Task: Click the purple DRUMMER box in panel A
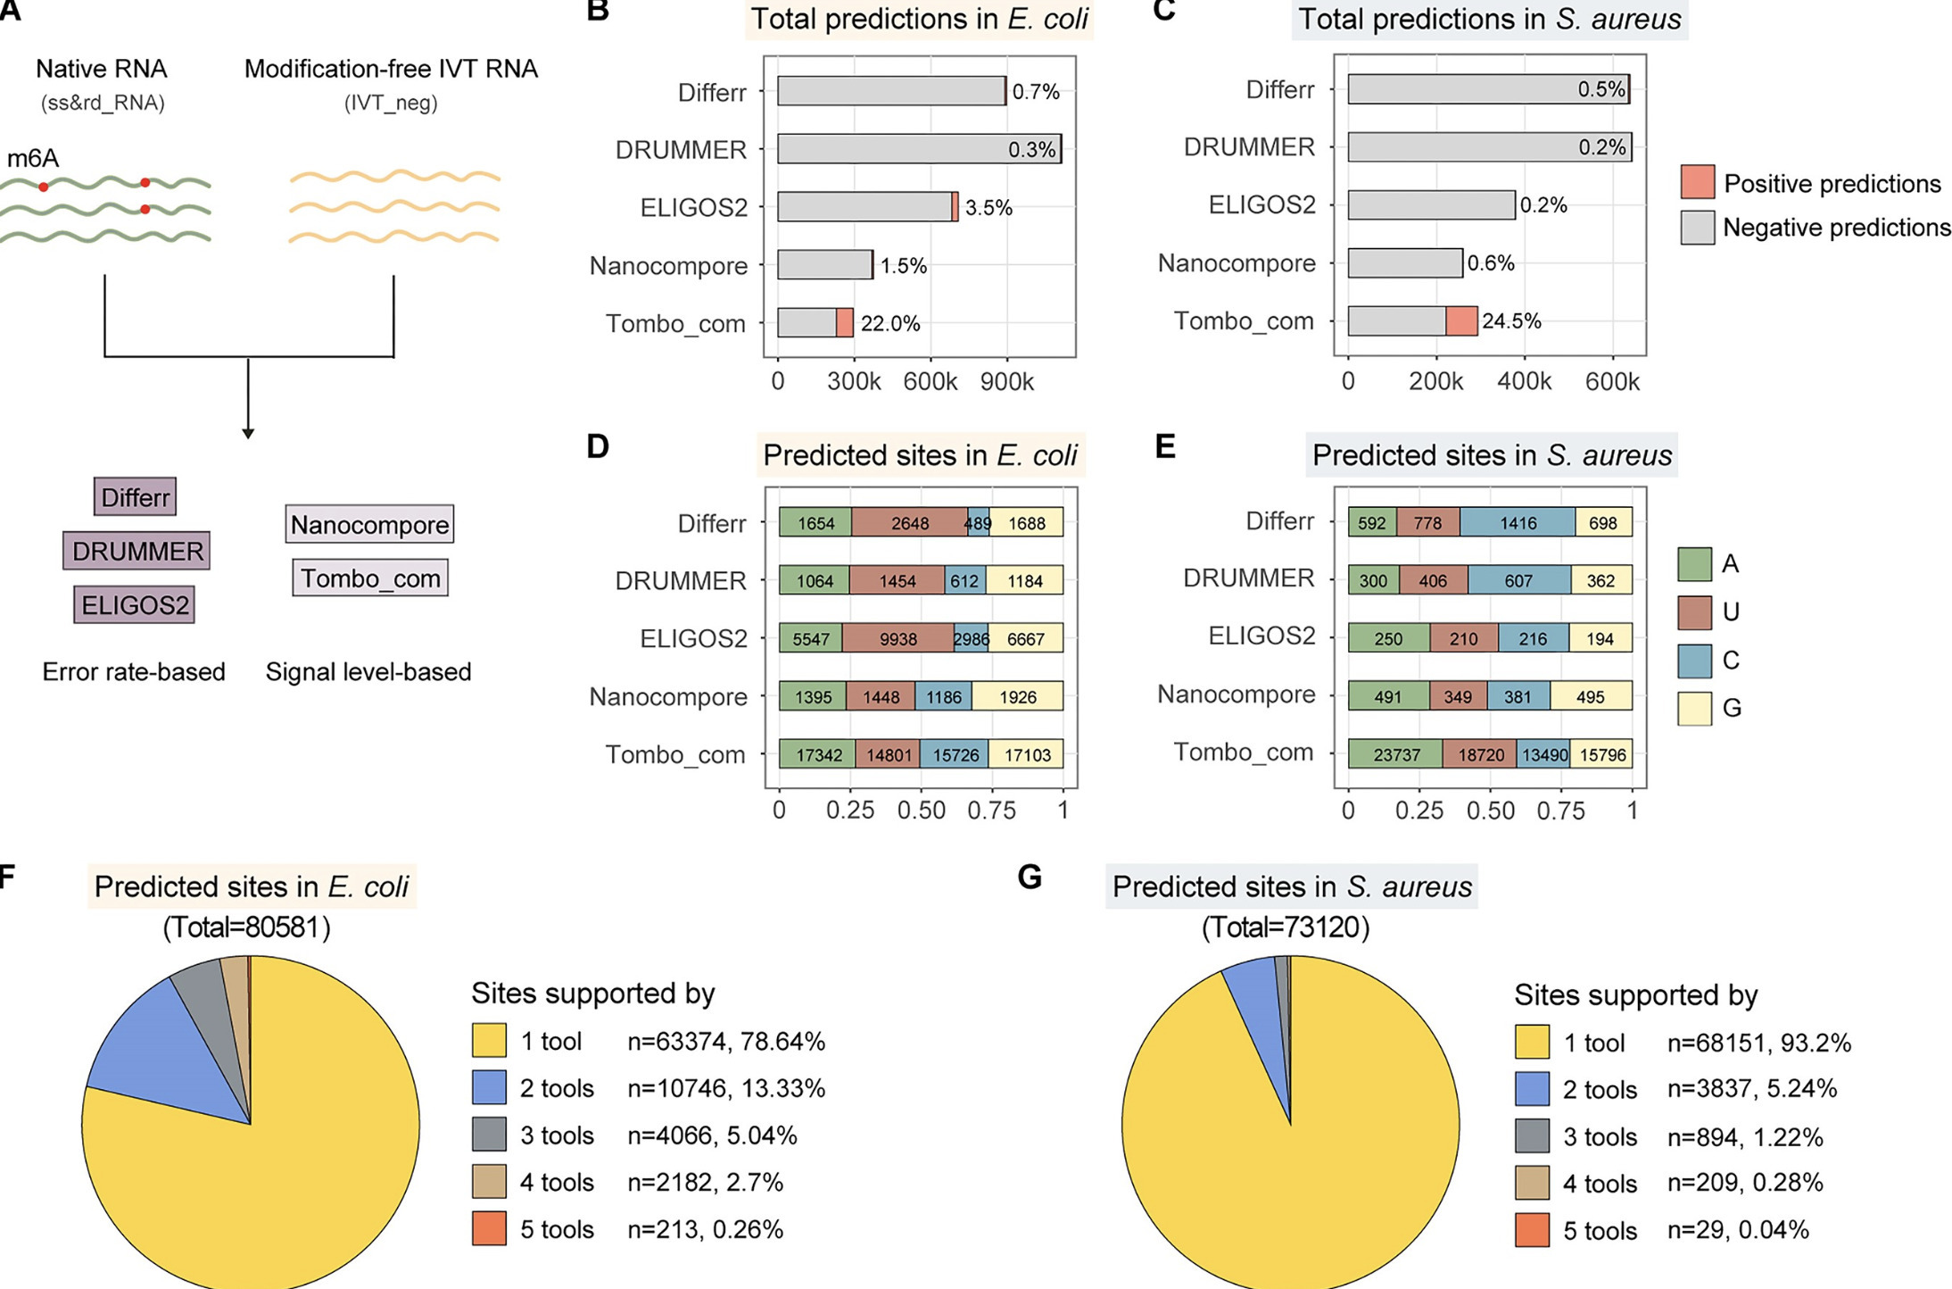click(x=136, y=551)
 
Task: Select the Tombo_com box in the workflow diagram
click(x=370, y=578)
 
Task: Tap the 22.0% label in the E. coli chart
click(x=889, y=323)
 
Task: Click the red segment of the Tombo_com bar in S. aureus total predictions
click(x=1461, y=321)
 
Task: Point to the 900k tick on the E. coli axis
click(x=1006, y=382)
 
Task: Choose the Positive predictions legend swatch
click(x=1697, y=182)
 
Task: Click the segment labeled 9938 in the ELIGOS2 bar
click(x=897, y=639)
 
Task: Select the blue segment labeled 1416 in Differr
click(x=1518, y=523)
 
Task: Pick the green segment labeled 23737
click(x=1395, y=755)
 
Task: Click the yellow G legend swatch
click(x=1694, y=709)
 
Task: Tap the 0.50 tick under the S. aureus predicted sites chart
click(x=1490, y=811)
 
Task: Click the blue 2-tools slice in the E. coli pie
click(x=152, y=1053)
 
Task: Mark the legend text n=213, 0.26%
click(x=705, y=1229)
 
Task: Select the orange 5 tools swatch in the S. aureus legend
click(x=1532, y=1230)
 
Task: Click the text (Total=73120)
click(x=1285, y=927)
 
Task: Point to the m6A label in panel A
click(x=33, y=159)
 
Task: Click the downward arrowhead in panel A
click(x=248, y=433)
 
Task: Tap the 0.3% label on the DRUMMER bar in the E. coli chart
click(x=1031, y=150)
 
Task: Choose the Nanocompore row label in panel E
click(x=1236, y=694)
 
